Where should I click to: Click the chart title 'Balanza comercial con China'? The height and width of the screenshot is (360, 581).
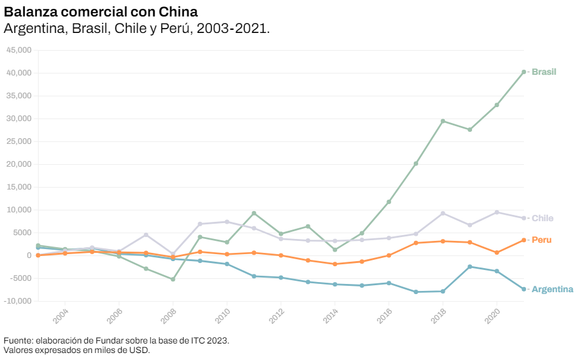tap(101, 12)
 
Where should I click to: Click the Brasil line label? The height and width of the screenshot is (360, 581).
tap(544, 72)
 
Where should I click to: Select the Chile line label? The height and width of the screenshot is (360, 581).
tap(542, 218)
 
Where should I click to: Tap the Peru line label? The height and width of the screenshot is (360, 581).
tap(541, 240)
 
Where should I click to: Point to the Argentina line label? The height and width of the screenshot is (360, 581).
tap(552, 289)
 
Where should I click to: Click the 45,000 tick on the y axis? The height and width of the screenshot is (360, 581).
tap(18, 50)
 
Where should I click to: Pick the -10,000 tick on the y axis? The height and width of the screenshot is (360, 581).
tap(17, 301)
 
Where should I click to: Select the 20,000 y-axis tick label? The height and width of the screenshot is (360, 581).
tap(18, 164)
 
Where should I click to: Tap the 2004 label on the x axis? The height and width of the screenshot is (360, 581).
tap(61, 316)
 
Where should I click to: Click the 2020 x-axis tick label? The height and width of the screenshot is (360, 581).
tap(493, 316)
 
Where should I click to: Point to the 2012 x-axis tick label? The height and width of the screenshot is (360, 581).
tap(277, 316)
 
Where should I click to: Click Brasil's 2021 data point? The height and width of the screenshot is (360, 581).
tap(523, 72)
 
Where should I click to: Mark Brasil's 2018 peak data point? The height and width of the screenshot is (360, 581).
tap(443, 121)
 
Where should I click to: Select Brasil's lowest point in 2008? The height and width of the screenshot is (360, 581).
tap(172, 280)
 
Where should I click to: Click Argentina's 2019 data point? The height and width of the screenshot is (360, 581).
tap(469, 267)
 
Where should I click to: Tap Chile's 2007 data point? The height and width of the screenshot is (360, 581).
tap(146, 235)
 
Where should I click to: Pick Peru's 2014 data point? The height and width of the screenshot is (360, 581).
tap(335, 264)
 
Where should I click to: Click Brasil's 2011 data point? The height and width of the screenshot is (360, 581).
tap(253, 213)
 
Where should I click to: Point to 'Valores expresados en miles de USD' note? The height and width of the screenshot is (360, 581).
tap(77, 349)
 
